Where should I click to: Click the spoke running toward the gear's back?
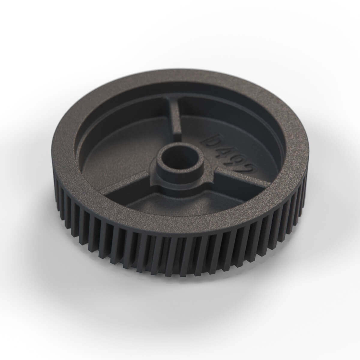pyautogui.click(x=175, y=120)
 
